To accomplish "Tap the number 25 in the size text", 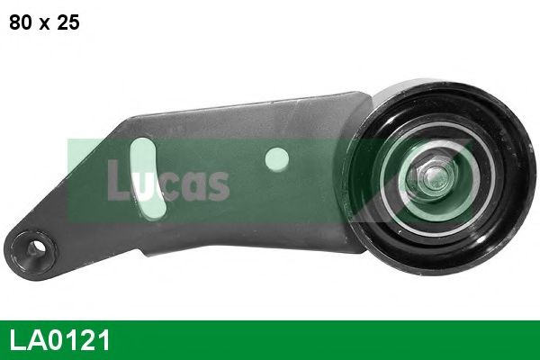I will tap(67, 22).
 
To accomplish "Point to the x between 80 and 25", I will tap(44, 24).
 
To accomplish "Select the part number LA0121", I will tap(60, 341).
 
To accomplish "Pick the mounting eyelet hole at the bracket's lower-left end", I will tap(34, 244).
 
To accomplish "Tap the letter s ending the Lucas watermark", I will tap(217, 185).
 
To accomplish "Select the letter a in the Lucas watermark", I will tap(193, 185).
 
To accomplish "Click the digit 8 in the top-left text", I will tap(15, 22).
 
